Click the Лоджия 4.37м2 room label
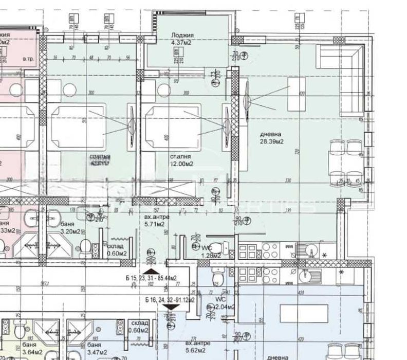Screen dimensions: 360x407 tap(184, 39)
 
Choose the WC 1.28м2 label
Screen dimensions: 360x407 tap(211, 251)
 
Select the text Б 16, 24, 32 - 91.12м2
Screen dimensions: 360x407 tap(170, 300)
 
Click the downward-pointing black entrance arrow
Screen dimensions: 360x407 tap(170, 308)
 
